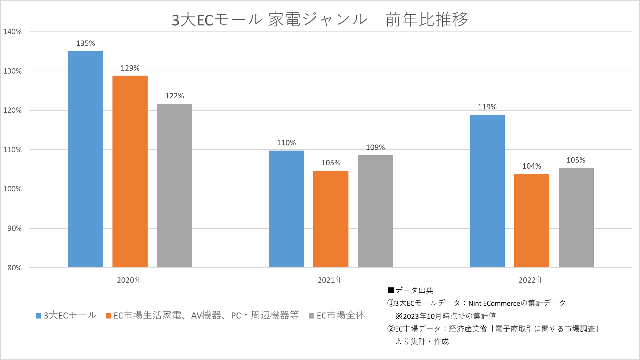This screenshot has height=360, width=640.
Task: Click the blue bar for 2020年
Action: pos(85,159)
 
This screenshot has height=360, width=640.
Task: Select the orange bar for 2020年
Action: pos(130,171)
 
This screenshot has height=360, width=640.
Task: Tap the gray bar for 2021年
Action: pos(375,211)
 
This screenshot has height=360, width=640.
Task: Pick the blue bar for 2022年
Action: pos(487,191)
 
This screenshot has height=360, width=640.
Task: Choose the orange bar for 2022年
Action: pos(532,220)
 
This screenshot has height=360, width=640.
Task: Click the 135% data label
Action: pos(85,43)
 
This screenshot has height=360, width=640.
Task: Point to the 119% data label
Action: pos(487,107)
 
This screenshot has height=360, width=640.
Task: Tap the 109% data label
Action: pos(375,148)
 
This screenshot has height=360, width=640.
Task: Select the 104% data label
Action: pos(532,166)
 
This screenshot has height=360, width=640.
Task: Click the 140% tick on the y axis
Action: pos(12,32)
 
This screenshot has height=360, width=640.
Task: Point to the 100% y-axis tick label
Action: pos(12,189)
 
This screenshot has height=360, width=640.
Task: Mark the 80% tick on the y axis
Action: pos(14,268)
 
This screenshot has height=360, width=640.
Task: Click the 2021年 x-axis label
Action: pos(330,280)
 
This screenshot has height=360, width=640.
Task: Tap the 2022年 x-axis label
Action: pos(531,280)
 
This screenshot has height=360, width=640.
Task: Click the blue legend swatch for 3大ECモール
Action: pos(38,316)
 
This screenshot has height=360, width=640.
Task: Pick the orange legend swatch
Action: pos(108,316)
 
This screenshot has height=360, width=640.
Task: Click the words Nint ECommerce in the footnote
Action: pos(494,303)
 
